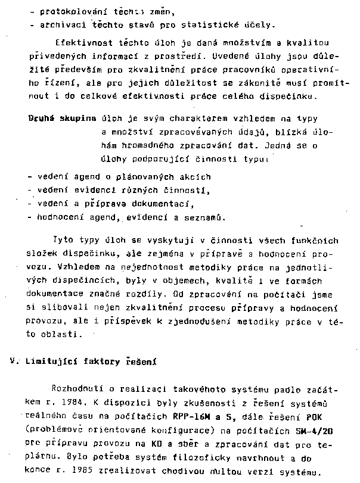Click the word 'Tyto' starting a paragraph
[63, 241]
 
